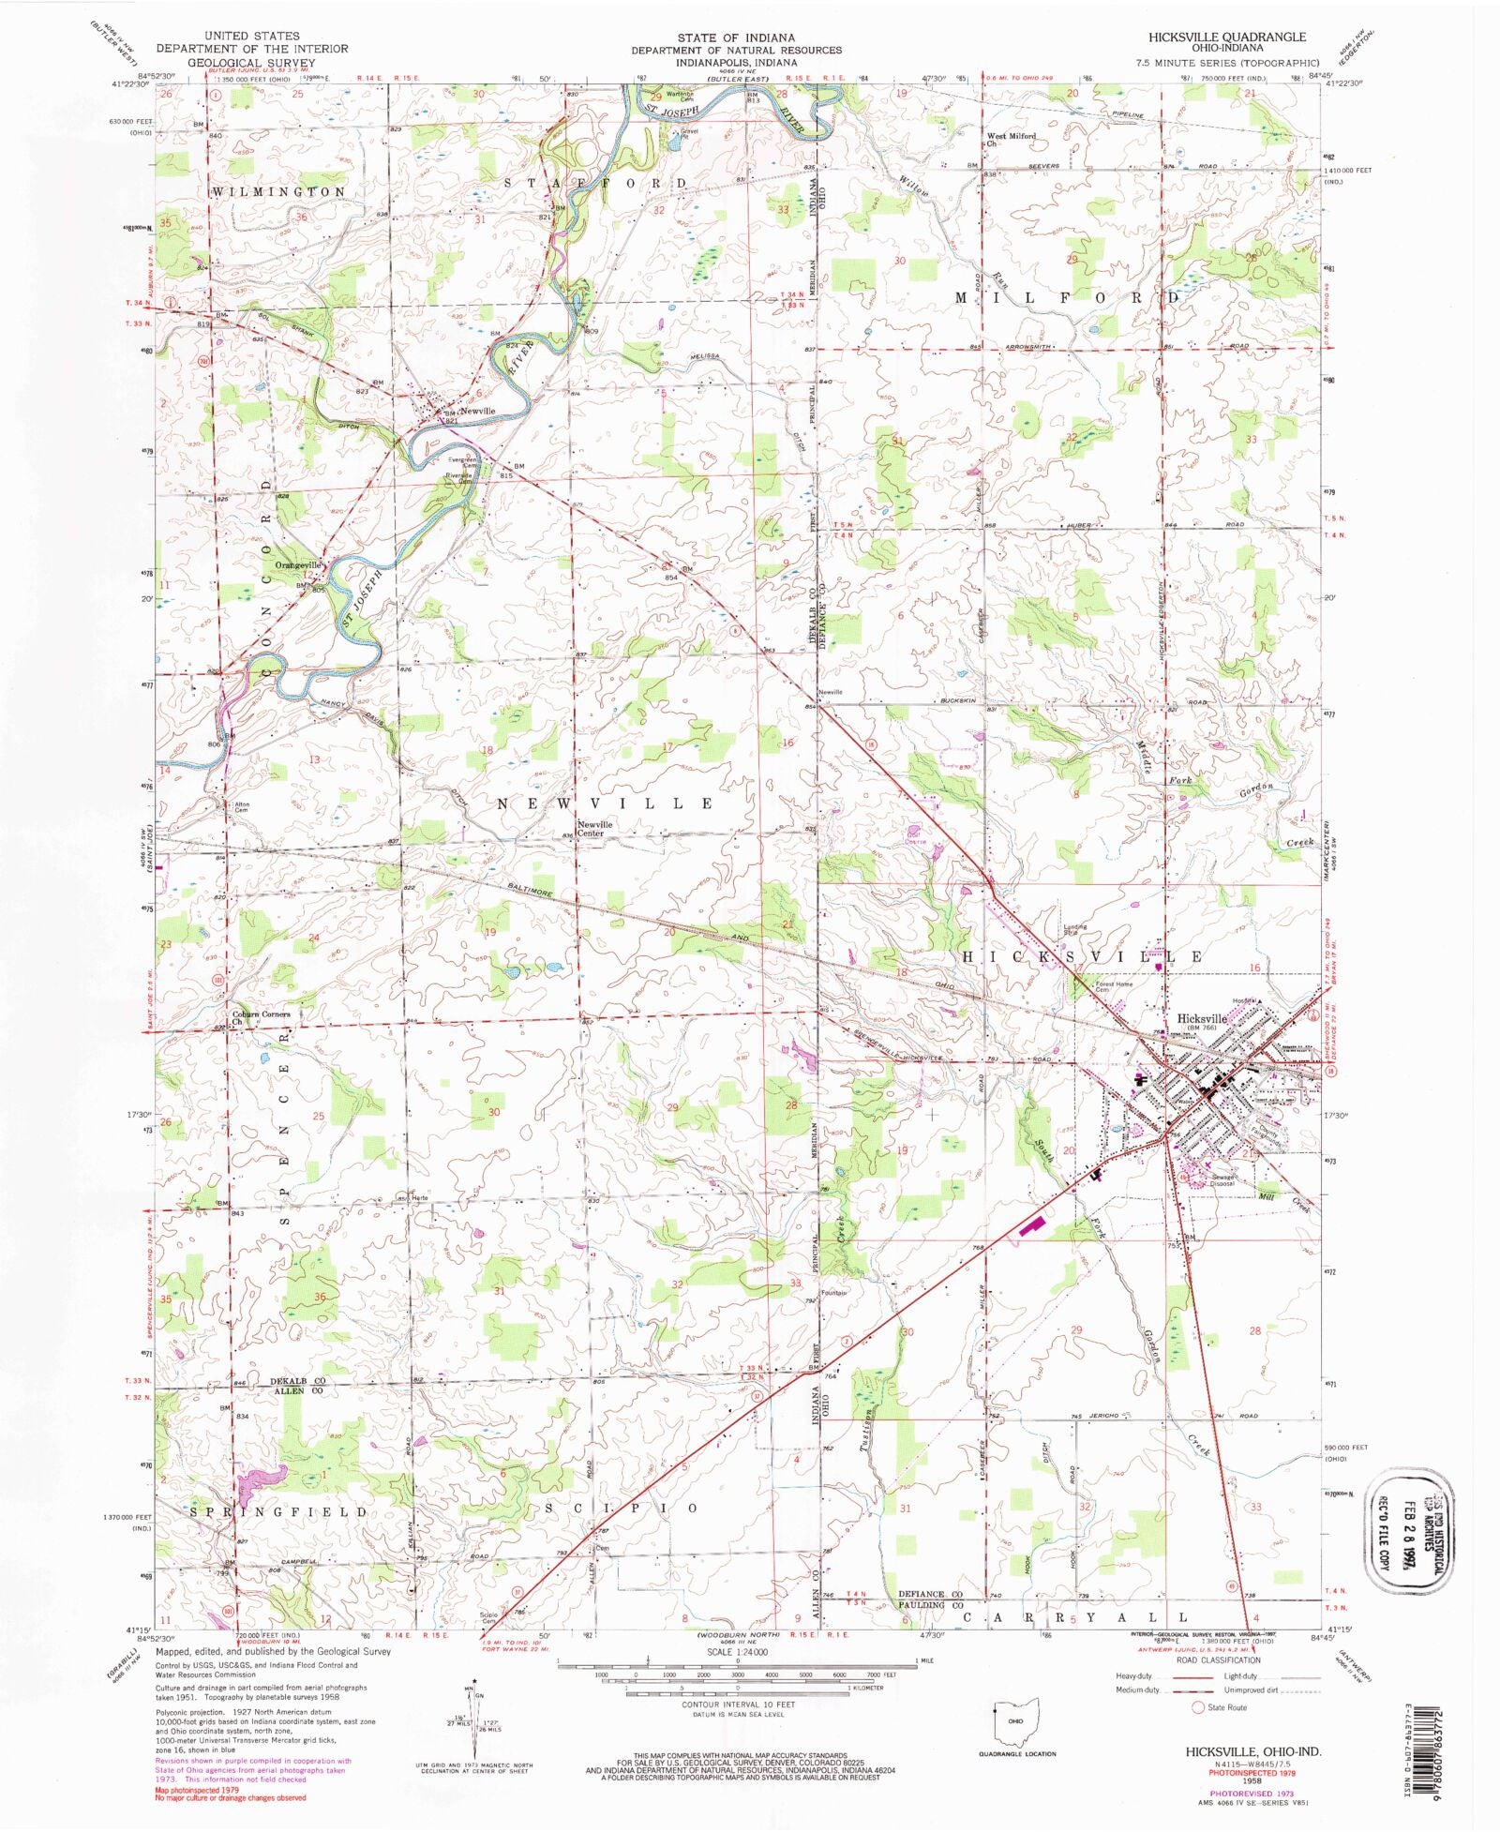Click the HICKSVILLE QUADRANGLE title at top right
click(1227, 37)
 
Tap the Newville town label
click(477, 412)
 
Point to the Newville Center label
click(594, 829)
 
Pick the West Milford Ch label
click(1011, 140)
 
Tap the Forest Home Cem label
click(1114, 987)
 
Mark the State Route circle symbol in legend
click(1197, 1707)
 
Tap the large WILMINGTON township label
click(278, 191)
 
